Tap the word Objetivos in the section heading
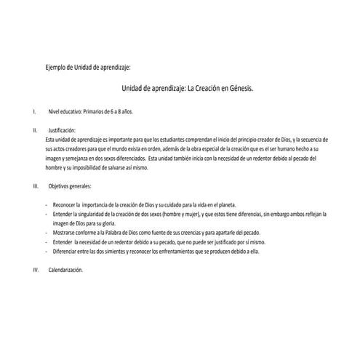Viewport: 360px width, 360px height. [x=60, y=186]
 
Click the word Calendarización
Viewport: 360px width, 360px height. [x=68, y=270]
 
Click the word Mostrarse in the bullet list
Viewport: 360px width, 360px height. [x=64, y=233]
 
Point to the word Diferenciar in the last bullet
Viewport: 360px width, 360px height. [x=65, y=252]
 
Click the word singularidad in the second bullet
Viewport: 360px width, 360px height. [x=101, y=214]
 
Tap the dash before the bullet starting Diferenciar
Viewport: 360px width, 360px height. [x=47, y=252]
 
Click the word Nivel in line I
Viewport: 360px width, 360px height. [x=55, y=113]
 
